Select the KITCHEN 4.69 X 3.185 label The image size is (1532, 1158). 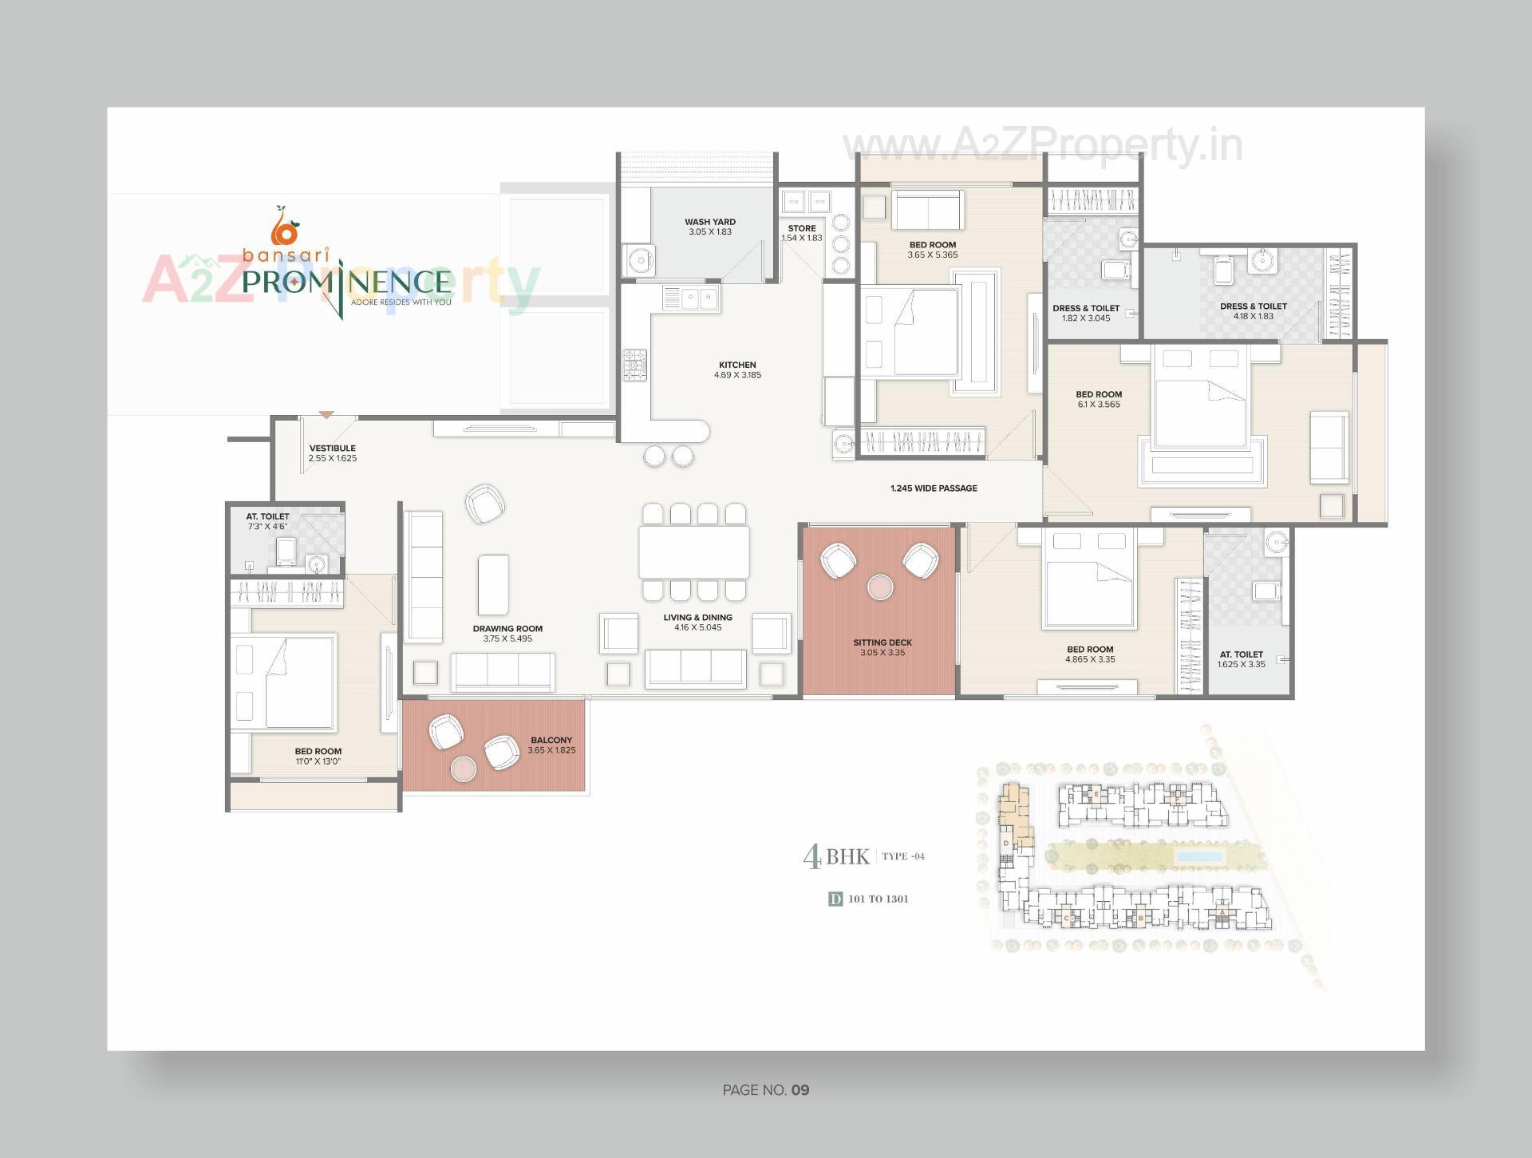pyautogui.click(x=737, y=370)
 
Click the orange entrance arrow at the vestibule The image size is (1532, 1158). pyautogui.click(x=326, y=414)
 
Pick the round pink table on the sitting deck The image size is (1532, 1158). pyautogui.click(x=880, y=587)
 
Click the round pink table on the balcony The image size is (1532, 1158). pyautogui.click(x=464, y=769)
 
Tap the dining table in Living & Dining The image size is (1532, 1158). pyautogui.click(x=693, y=551)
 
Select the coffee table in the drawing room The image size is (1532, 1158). pyautogui.click(x=493, y=585)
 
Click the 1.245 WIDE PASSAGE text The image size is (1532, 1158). pyautogui.click(x=934, y=488)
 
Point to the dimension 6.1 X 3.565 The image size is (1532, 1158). pyautogui.click(x=1099, y=405)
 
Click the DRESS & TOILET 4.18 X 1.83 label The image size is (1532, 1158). pyautogui.click(x=1253, y=310)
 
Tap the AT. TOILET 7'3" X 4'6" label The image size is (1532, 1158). pyautogui.click(x=267, y=521)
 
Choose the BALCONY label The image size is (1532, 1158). pyautogui.click(x=551, y=740)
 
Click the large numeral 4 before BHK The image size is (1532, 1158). pyautogui.click(x=812, y=857)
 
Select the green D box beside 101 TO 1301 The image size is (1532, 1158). pyautogui.click(x=835, y=899)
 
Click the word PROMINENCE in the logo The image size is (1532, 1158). pyautogui.click(x=347, y=282)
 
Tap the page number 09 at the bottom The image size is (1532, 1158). pyautogui.click(x=800, y=1089)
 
